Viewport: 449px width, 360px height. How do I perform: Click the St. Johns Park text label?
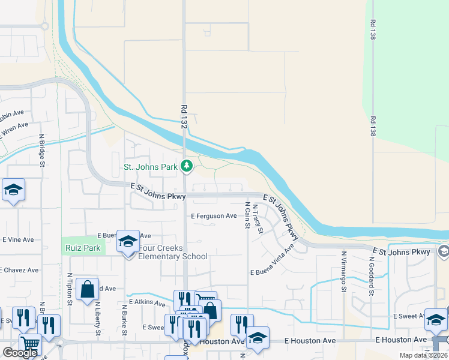(x=150, y=167)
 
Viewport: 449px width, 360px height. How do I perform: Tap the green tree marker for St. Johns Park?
(x=186, y=166)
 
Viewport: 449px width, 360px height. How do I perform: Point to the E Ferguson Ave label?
(x=214, y=216)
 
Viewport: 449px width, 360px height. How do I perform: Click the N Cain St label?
(x=247, y=216)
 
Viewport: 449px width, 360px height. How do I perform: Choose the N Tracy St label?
(x=258, y=220)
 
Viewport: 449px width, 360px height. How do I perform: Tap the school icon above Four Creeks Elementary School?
(x=127, y=241)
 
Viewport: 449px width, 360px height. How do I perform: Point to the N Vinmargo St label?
(x=345, y=271)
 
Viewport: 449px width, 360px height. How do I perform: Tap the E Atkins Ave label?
(x=146, y=304)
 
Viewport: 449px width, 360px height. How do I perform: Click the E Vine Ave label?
(x=18, y=239)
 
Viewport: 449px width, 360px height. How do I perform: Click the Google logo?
(x=20, y=353)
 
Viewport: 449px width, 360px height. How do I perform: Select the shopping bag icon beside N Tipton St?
(x=87, y=289)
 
